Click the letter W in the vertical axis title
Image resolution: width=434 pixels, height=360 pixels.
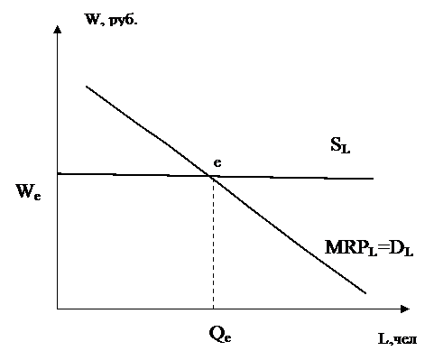(x=93, y=20)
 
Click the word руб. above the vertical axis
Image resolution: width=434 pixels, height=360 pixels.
(x=123, y=21)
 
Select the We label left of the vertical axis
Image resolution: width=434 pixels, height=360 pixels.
(x=28, y=191)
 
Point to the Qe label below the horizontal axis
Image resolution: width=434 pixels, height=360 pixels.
(x=220, y=335)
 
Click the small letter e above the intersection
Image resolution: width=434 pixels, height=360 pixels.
(x=217, y=163)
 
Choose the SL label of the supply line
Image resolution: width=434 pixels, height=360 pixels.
(x=340, y=145)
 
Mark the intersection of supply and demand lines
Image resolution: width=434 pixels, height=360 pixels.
(x=210, y=176)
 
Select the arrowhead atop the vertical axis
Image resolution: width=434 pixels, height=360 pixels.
(x=58, y=29)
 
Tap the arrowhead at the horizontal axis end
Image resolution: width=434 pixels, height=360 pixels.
(x=405, y=309)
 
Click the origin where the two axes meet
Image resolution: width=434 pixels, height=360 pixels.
(x=58, y=309)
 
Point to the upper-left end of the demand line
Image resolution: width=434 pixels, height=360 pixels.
(x=87, y=87)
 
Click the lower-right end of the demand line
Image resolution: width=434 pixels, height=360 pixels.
(x=365, y=293)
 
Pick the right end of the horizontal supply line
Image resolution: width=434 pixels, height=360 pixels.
(x=374, y=179)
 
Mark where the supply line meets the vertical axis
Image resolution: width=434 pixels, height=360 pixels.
(x=58, y=173)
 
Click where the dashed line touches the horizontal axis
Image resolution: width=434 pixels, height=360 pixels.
(x=213, y=309)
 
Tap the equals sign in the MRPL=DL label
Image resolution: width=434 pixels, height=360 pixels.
(x=383, y=247)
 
